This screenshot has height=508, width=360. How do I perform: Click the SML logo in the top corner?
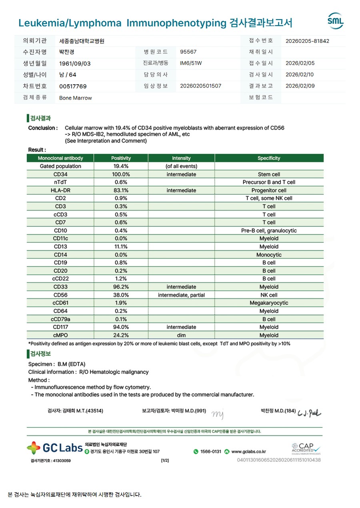click(335, 21)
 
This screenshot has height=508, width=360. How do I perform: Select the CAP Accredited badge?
click(306, 448)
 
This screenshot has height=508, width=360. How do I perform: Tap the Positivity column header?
click(121, 158)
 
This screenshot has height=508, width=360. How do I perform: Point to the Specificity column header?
click(269, 158)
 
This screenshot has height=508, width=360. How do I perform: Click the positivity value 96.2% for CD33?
click(121, 287)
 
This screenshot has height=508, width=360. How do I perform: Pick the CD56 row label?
click(61, 295)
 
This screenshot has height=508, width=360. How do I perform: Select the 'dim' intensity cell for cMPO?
click(181, 335)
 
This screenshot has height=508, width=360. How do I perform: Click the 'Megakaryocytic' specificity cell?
click(269, 303)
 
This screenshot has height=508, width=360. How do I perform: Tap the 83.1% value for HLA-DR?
click(121, 191)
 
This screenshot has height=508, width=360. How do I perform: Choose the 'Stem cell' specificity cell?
click(269, 174)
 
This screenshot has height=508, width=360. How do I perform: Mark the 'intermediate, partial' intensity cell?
click(181, 295)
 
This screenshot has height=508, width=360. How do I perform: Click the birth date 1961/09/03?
click(75, 64)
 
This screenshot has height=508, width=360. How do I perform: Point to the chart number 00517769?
click(73, 86)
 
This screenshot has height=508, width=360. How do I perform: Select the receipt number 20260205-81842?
click(307, 41)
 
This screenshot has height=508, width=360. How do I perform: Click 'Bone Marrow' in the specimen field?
click(75, 98)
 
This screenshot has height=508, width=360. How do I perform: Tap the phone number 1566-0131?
click(210, 452)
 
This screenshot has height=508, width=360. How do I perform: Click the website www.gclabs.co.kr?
click(248, 452)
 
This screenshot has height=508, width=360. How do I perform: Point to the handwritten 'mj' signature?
click(217, 414)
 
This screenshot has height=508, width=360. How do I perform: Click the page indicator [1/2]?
click(165, 460)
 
